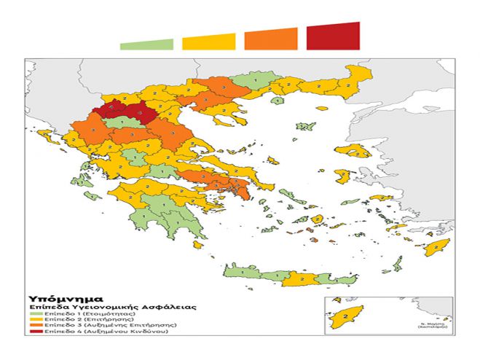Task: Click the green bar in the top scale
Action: [147, 45]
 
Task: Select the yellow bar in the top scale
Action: [209, 42]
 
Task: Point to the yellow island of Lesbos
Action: [356, 151]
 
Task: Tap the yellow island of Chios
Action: [342, 176]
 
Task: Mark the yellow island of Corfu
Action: [44, 136]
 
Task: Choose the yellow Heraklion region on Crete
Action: [300, 278]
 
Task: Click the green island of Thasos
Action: [278, 101]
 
